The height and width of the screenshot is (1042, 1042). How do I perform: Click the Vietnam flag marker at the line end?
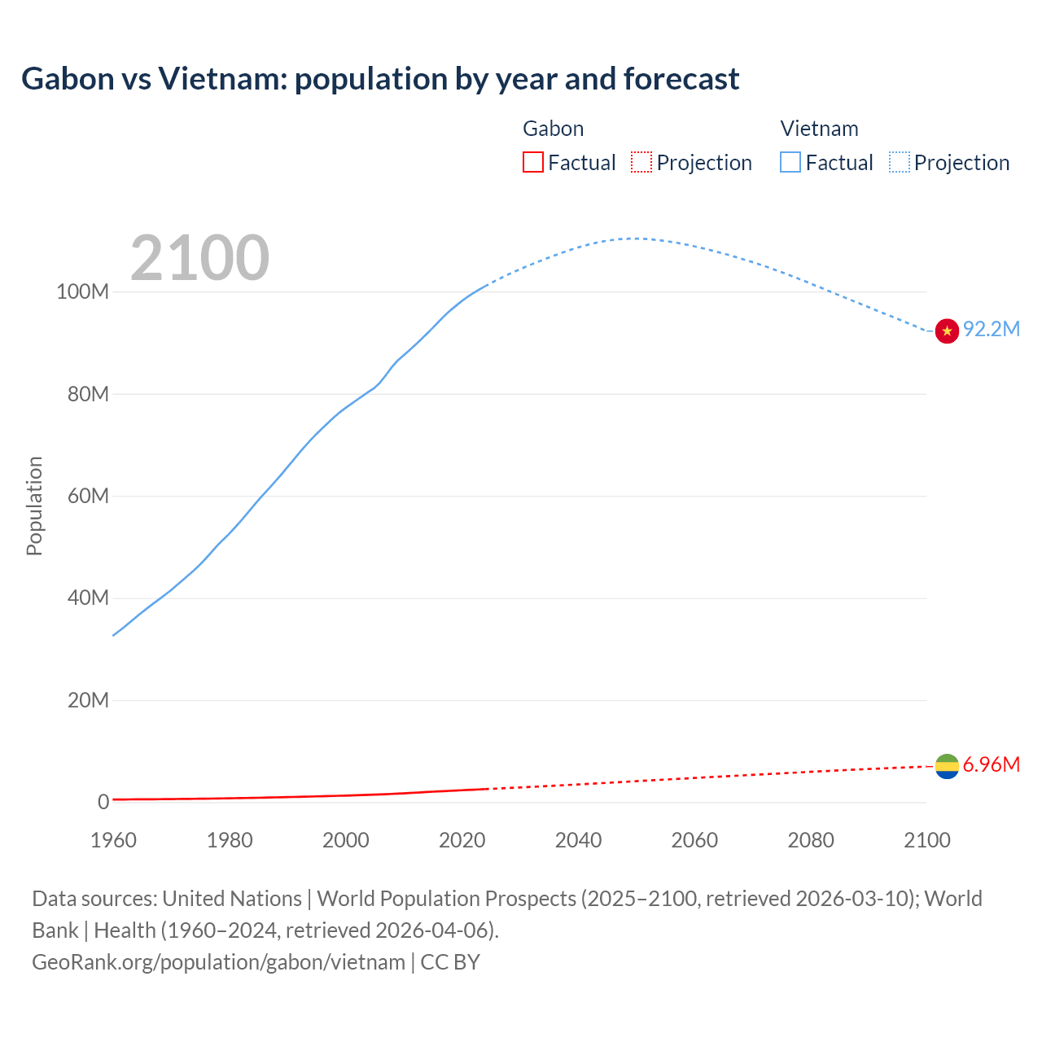947,331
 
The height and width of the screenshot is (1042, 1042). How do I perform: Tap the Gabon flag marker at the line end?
947,766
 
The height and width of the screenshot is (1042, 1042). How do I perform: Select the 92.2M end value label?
991,329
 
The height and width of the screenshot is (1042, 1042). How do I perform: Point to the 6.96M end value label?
991,764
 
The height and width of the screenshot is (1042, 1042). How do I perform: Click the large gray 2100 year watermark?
199,258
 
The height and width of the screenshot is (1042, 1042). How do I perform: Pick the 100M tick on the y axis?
82,292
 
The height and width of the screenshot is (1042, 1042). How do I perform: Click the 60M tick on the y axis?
87,496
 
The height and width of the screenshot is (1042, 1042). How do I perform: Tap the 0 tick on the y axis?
103,802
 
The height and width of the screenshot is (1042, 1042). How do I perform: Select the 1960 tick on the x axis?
113,840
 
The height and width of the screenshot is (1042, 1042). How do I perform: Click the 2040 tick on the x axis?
578,840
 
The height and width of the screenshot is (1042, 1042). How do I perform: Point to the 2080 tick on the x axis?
811,840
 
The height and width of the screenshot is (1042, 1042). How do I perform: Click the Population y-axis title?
34,506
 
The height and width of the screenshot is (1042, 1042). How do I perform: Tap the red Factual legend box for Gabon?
532,163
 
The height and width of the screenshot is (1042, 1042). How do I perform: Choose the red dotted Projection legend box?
641,163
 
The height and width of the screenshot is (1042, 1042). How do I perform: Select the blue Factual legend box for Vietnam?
790,163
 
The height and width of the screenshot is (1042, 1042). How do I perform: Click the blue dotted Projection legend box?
900,163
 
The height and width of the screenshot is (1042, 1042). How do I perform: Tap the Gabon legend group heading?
553,129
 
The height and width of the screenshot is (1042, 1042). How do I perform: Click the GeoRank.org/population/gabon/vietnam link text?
218,961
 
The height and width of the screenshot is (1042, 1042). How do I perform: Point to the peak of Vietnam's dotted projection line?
633,239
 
